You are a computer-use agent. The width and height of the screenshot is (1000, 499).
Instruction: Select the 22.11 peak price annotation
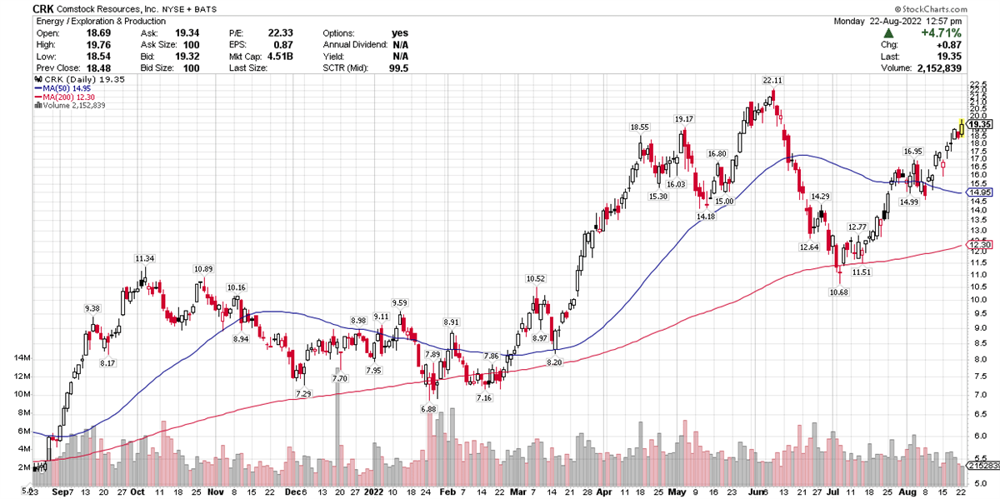coord(772,80)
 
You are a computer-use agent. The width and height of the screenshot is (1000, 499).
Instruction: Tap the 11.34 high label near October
coord(144,258)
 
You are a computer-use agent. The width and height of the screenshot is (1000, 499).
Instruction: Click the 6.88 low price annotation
coord(429,409)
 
